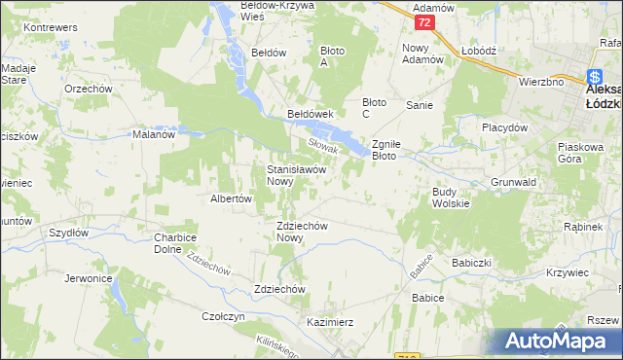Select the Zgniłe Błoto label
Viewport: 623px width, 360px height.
click(x=396, y=149)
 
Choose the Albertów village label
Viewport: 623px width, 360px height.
click(x=232, y=198)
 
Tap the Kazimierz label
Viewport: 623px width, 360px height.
click(x=329, y=321)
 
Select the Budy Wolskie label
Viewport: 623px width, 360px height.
click(x=451, y=198)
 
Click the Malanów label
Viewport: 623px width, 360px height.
click(x=153, y=135)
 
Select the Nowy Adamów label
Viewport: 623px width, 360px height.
click(x=422, y=54)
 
